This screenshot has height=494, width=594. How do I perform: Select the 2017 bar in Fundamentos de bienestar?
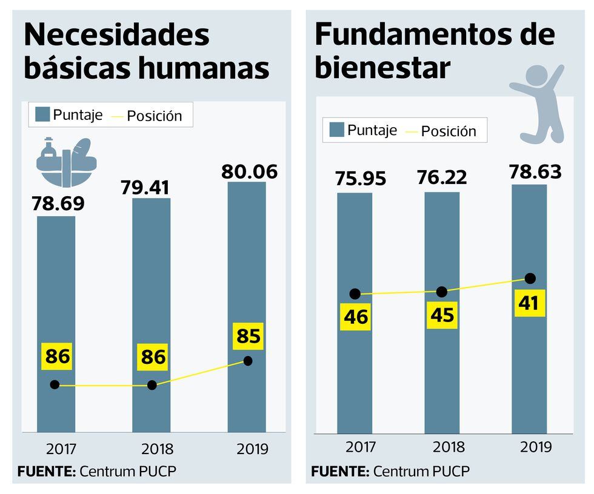pos(355,363)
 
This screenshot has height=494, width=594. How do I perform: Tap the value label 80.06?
pos(249,172)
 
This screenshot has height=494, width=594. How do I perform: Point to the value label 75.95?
pos(360,180)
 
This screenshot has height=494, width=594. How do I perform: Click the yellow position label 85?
pos(249,335)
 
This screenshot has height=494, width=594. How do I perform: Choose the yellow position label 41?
pos(529,303)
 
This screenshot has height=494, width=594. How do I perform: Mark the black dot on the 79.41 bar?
pos(152,385)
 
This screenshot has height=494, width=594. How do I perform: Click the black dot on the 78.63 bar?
pos(530,278)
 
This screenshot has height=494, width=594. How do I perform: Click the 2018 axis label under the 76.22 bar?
pos(449,447)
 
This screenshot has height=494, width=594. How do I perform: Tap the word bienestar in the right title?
pos(382,68)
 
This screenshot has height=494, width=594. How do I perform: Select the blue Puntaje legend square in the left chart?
pos(42,114)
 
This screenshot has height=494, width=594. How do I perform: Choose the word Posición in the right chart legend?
pos(449,131)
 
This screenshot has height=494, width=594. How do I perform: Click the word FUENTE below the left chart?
pos(44,471)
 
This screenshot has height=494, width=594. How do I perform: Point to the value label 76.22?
pos(442,178)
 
